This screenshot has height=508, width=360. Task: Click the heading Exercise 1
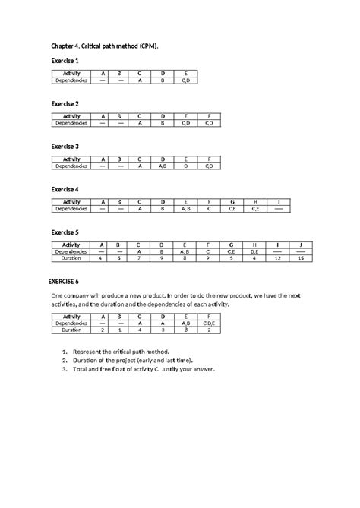coord(65,60)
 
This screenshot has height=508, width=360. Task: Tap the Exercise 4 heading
coord(65,188)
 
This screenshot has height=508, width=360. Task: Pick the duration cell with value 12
coord(278,258)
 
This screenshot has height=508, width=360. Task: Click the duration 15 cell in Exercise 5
coord(301,258)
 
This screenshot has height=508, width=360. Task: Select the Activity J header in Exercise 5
coord(301,245)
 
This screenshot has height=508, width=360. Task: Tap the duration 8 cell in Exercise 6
coord(185,330)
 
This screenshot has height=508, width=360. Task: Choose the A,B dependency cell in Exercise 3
coord(163,166)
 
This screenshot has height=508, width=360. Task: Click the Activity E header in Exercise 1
coord(186,74)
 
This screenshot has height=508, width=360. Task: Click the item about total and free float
coord(144,370)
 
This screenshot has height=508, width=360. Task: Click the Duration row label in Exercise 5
coord(71,258)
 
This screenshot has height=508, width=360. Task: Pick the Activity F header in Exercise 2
coord(209,116)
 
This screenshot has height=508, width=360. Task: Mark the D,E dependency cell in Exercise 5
coord(254,251)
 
